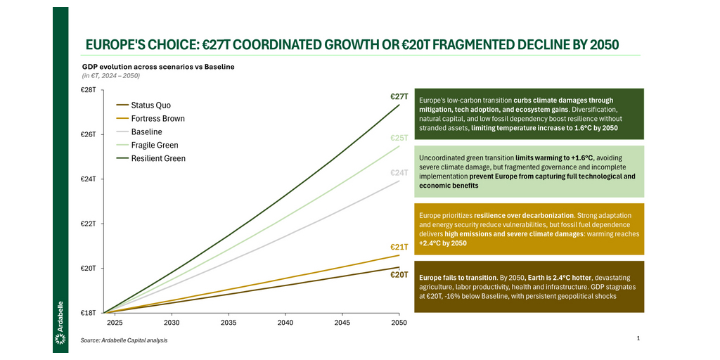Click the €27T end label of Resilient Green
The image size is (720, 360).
click(x=399, y=96)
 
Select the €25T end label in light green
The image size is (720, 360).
click(x=399, y=138)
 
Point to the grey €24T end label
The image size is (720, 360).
click(x=399, y=172)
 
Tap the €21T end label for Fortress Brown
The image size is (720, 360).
click(x=399, y=247)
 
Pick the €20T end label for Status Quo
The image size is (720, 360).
click(x=399, y=274)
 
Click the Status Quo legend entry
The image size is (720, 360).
click(x=150, y=105)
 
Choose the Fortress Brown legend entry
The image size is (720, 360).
click(x=157, y=119)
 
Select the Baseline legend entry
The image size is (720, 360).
click(x=146, y=132)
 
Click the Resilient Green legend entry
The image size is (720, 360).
click(x=158, y=159)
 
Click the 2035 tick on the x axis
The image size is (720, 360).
click(x=229, y=323)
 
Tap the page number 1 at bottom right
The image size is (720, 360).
click(x=638, y=339)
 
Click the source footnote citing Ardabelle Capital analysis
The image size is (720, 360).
click(x=124, y=340)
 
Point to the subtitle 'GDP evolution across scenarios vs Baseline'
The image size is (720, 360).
click(x=157, y=67)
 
